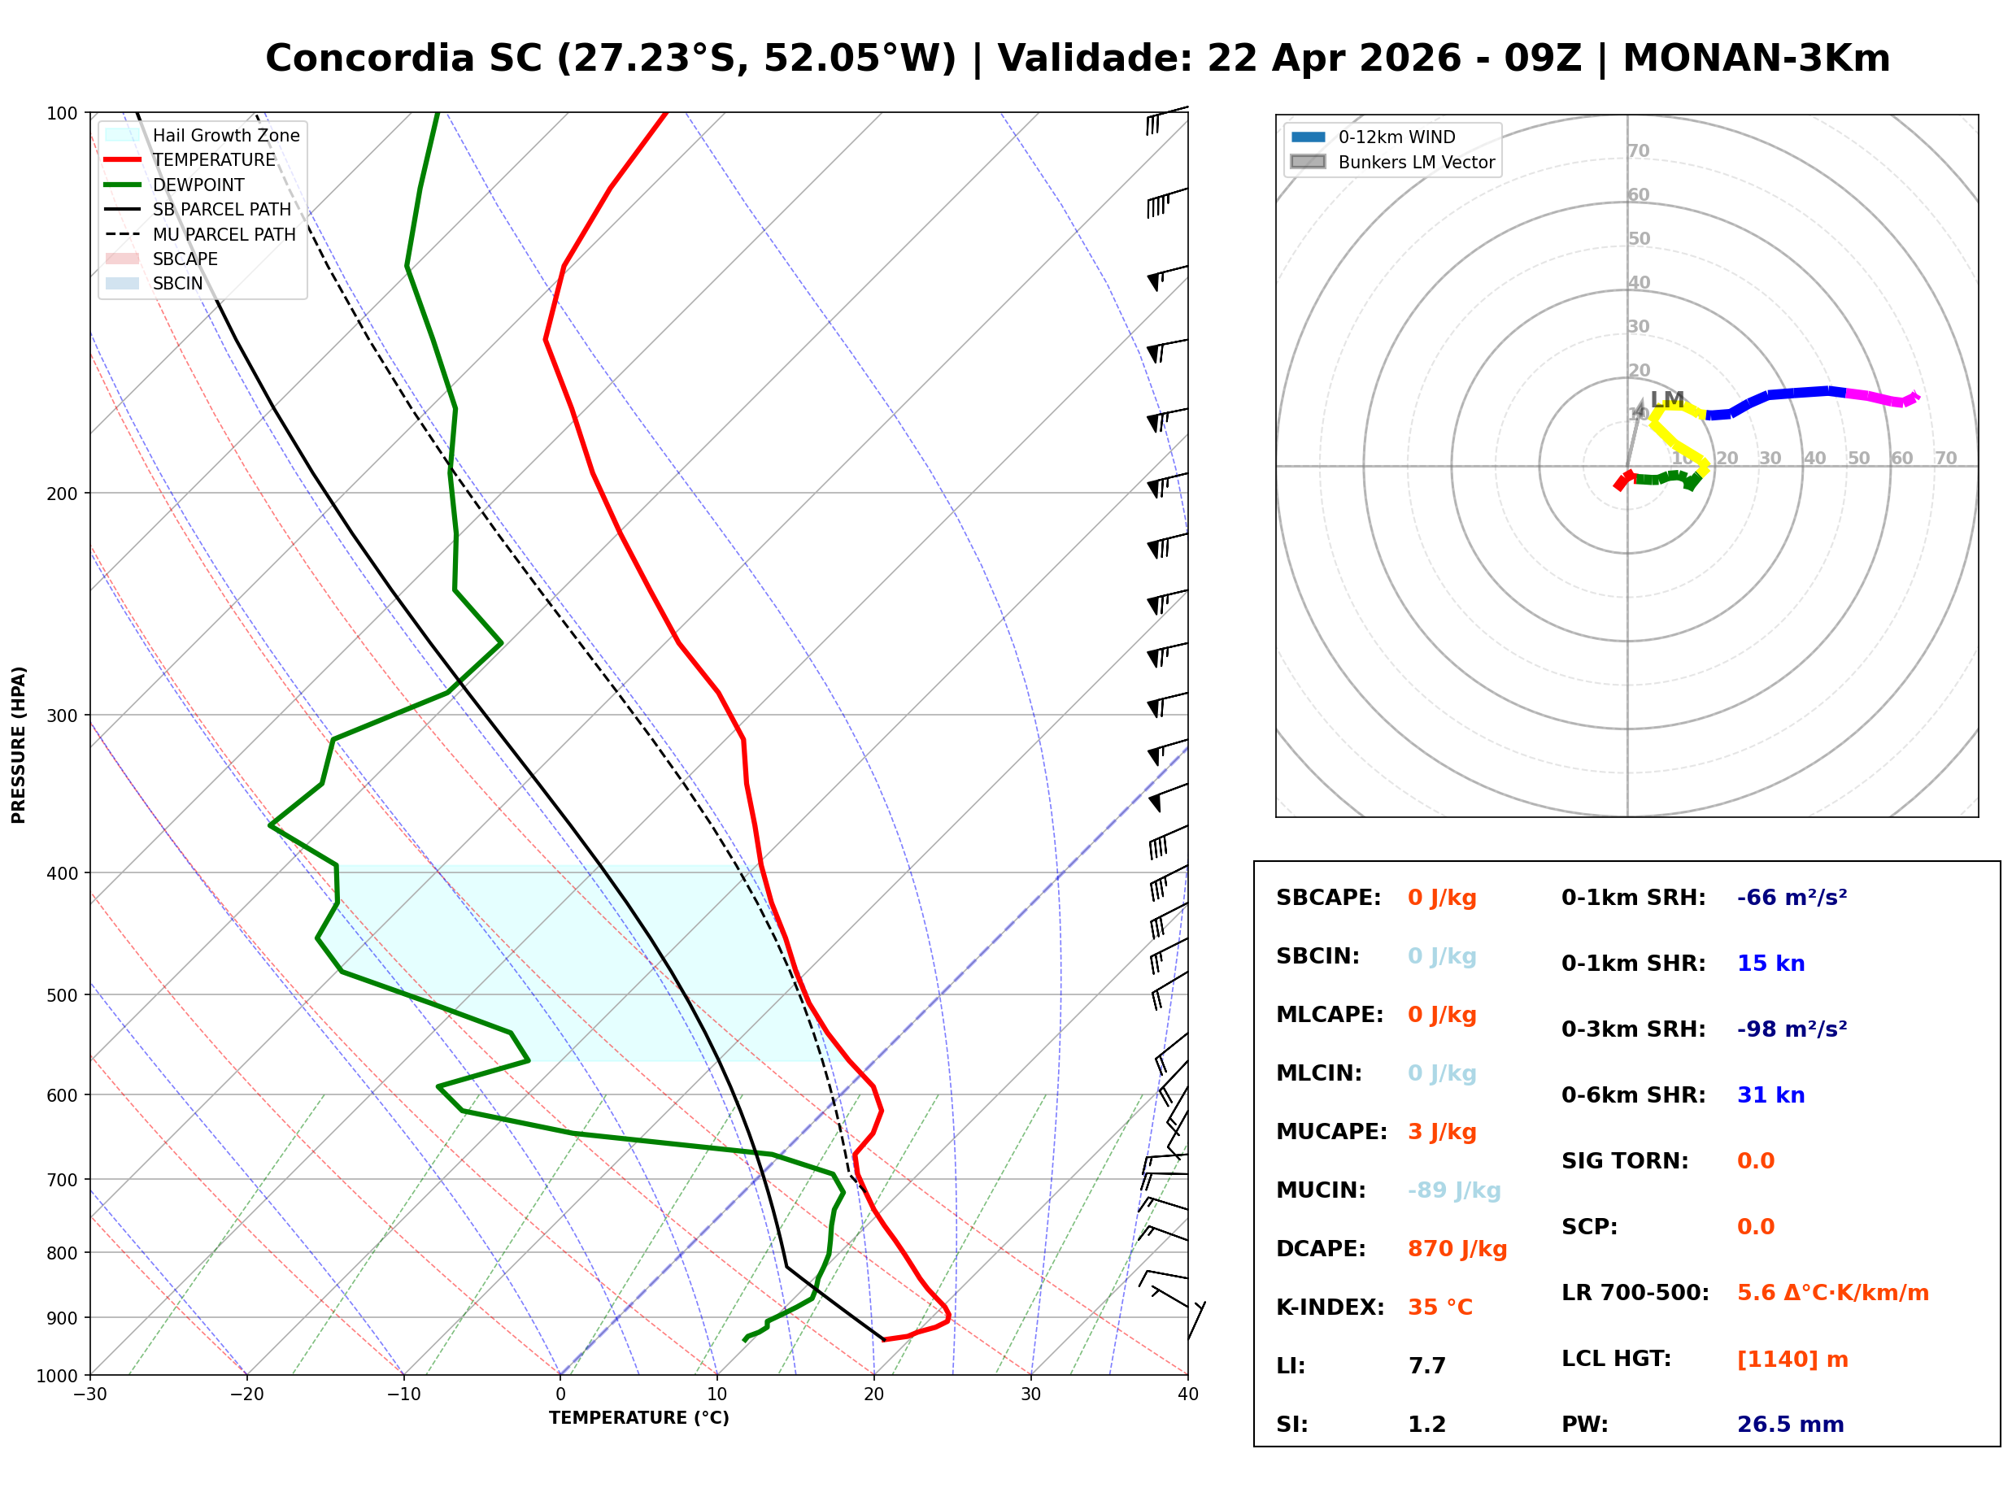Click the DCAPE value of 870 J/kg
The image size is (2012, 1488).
click(1457, 1249)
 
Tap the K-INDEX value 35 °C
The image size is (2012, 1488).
click(1439, 1307)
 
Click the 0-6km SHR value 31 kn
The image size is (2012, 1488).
click(1770, 1095)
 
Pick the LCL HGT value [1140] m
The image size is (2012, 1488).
click(1792, 1360)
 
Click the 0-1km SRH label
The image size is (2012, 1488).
click(1633, 898)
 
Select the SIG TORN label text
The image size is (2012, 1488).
click(1625, 1161)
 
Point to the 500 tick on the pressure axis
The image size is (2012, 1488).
click(62, 995)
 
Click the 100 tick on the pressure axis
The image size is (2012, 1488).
click(62, 114)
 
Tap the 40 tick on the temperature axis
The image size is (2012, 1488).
click(1187, 1394)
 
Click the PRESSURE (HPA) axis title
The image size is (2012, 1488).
click(19, 745)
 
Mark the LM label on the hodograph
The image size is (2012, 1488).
click(1666, 399)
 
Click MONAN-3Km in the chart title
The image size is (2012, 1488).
click(1755, 59)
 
